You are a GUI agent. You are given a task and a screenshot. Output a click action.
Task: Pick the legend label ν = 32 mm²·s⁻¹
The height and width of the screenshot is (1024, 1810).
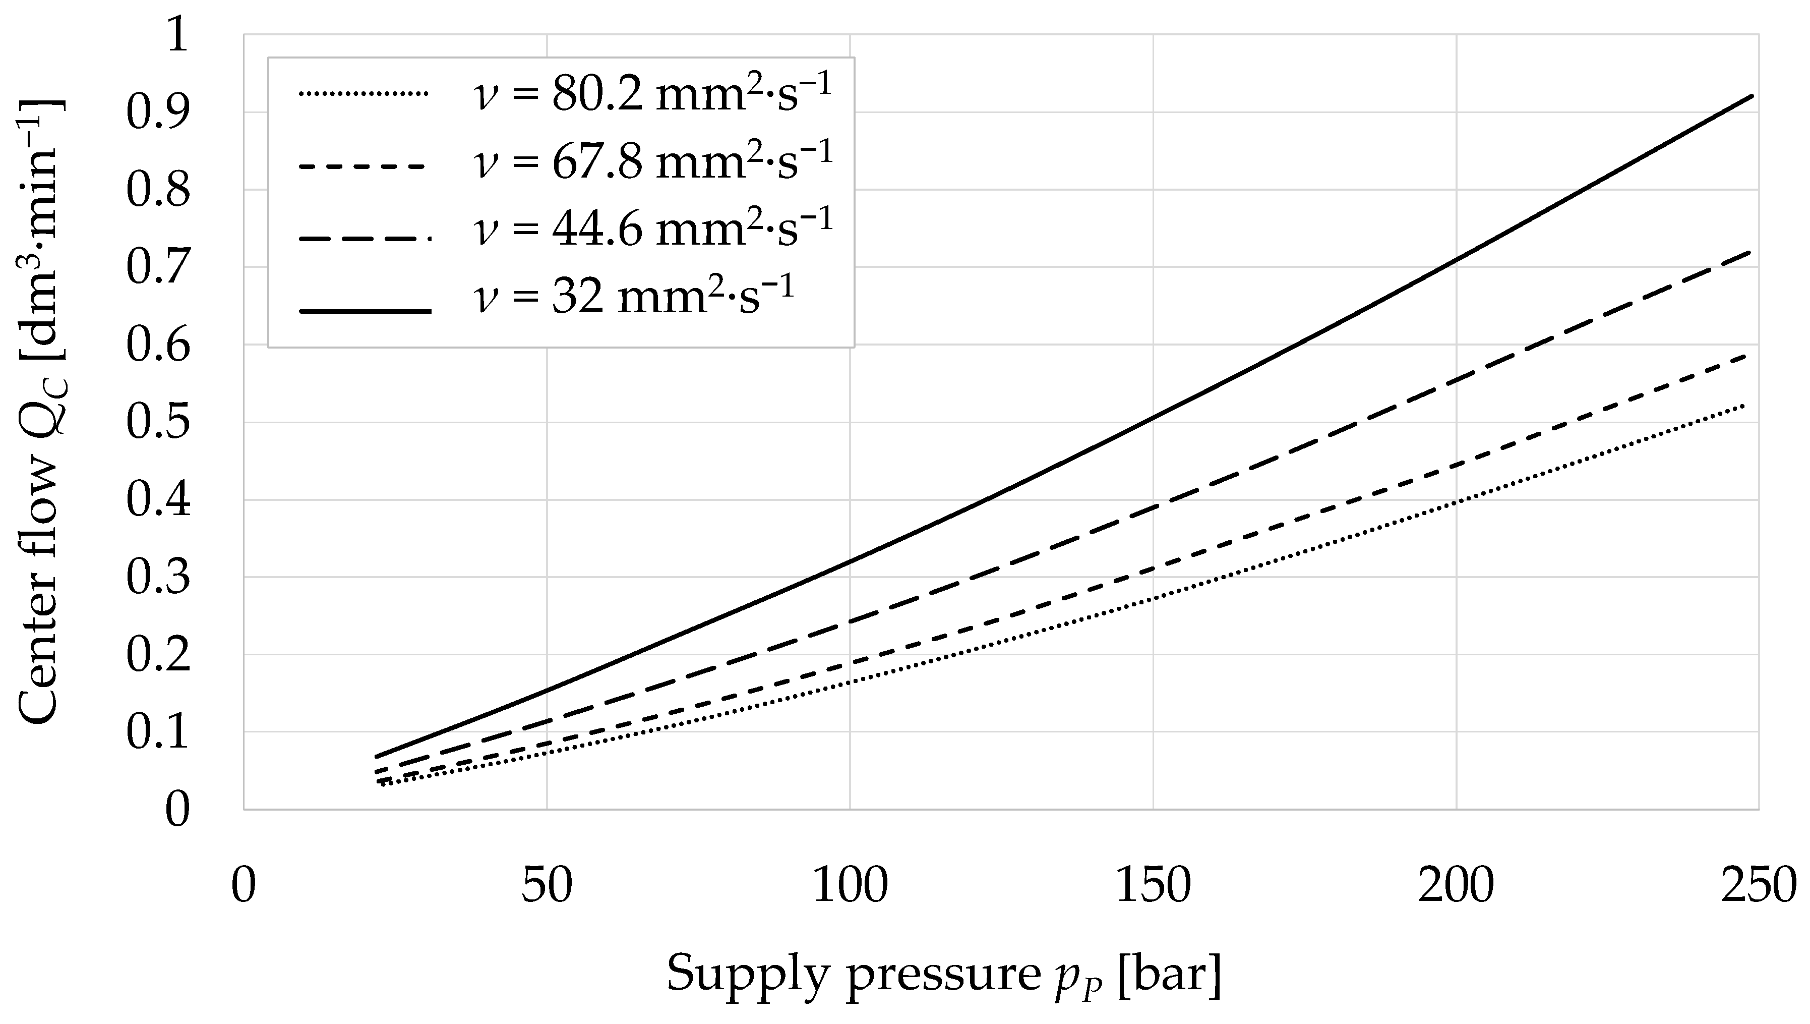633,296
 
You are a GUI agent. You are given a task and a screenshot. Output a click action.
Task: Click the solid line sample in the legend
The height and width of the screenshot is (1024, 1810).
364,311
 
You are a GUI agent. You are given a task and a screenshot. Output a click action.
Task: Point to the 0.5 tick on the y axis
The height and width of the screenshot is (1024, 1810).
158,423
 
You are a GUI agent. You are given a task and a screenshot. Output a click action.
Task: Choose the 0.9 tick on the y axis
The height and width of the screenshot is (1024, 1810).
158,113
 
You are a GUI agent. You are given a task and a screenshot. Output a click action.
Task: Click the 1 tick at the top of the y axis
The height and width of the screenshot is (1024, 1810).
176,35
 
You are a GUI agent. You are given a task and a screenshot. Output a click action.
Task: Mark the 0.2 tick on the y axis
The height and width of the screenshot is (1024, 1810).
158,655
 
